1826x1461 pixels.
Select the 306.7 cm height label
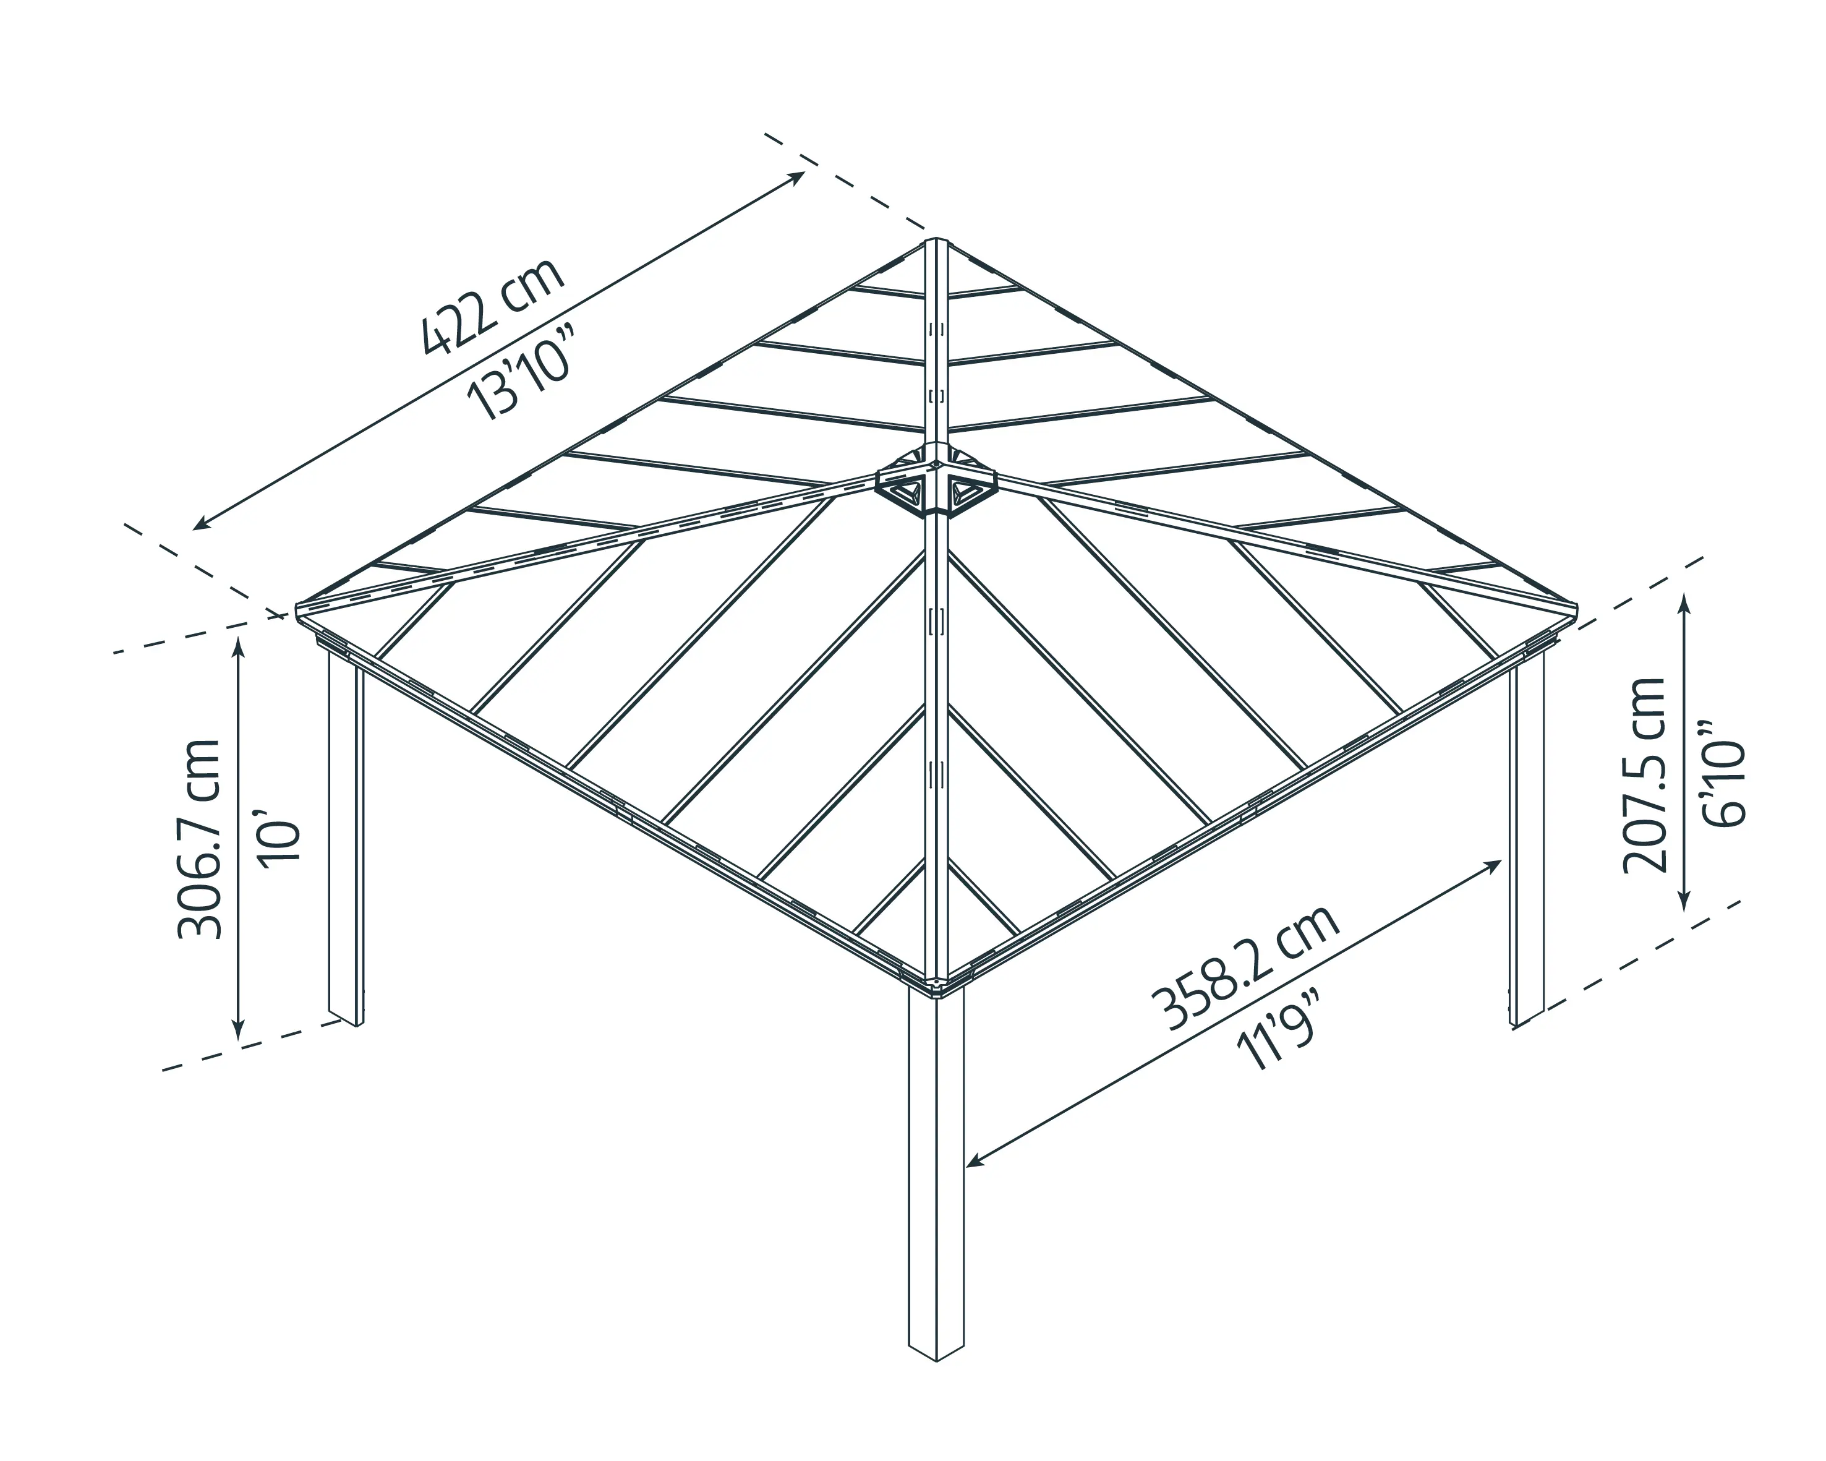tap(200, 839)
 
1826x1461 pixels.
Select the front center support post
tap(936, 1186)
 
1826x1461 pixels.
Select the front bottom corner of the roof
tap(936, 987)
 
